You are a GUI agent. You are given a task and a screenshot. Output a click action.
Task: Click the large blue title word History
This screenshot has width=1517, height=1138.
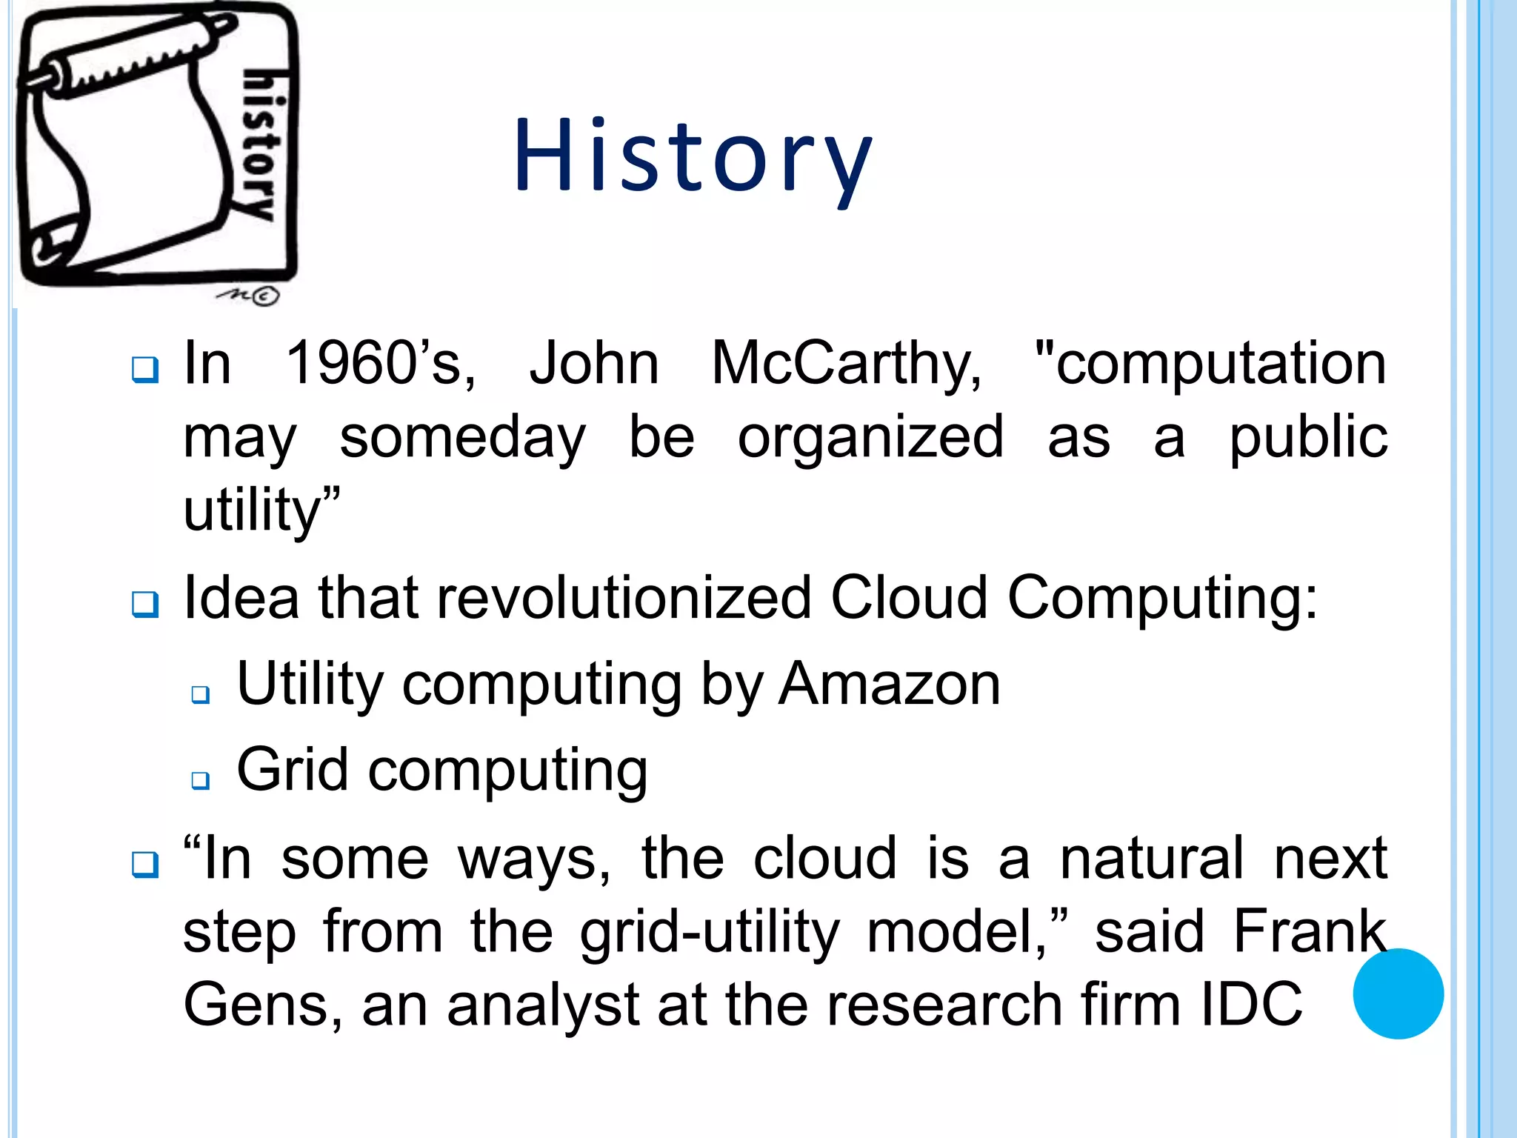tap(693, 157)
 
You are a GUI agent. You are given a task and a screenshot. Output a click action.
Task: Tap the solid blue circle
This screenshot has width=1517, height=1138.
tap(1398, 994)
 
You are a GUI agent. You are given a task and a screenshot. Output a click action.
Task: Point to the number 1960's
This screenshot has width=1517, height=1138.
tap(381, 363)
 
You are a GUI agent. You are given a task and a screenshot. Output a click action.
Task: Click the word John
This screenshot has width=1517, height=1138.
tap(593, 363)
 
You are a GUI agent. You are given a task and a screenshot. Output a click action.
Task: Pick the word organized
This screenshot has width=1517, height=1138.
tap(870, 437)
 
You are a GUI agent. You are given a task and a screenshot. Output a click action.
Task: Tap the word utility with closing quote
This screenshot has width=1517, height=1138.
tap(261, 510)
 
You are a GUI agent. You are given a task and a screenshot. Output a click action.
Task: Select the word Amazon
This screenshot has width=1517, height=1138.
tap(890, 684)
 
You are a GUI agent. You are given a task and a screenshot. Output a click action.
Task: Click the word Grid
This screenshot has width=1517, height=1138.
tap(292, 771)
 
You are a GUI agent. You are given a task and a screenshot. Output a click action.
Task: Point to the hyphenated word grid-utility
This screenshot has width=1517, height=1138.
tap(710, 932)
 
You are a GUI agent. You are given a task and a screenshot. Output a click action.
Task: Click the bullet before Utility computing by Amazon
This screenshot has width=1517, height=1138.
tap(200, 694)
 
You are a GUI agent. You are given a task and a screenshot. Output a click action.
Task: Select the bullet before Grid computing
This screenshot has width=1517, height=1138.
tap(200, 779)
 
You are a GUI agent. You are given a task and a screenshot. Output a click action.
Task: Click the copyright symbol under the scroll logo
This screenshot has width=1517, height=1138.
tap(265, 296)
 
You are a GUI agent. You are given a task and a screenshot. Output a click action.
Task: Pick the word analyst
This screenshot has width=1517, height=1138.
tap(544, 1005)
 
